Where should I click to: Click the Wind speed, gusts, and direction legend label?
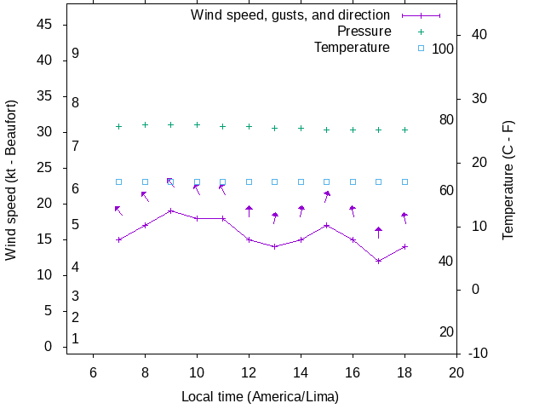click(x=290, y=15)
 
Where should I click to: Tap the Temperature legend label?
click(x=352, y=48)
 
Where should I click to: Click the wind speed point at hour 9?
click(x=171, y=210)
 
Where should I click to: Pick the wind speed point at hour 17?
click(x=379, y=261)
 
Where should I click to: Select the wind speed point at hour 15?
click(x=327, y=225)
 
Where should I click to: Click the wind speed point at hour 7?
click(x=119, y=239)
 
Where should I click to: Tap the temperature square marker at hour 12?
click(x=249, y=181)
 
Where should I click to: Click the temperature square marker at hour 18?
click(x=405, y=181)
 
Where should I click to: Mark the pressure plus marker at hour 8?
click(x=145, y=124)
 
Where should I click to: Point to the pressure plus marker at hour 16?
click(x=353, y=130)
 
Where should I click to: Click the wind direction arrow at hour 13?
click(x=275, y=218)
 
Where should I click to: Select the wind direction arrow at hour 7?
click(x=119, y=210)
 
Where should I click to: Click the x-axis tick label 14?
click(x=301, y=372)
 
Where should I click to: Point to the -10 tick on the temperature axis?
click(x=479, y=353)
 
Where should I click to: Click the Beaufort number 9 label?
click(x=76, y=53)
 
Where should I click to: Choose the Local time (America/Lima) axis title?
click(x=260, y=396)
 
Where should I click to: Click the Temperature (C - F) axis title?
click(x=508, y=179)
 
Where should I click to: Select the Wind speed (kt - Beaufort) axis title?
click(x=12, y=179)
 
